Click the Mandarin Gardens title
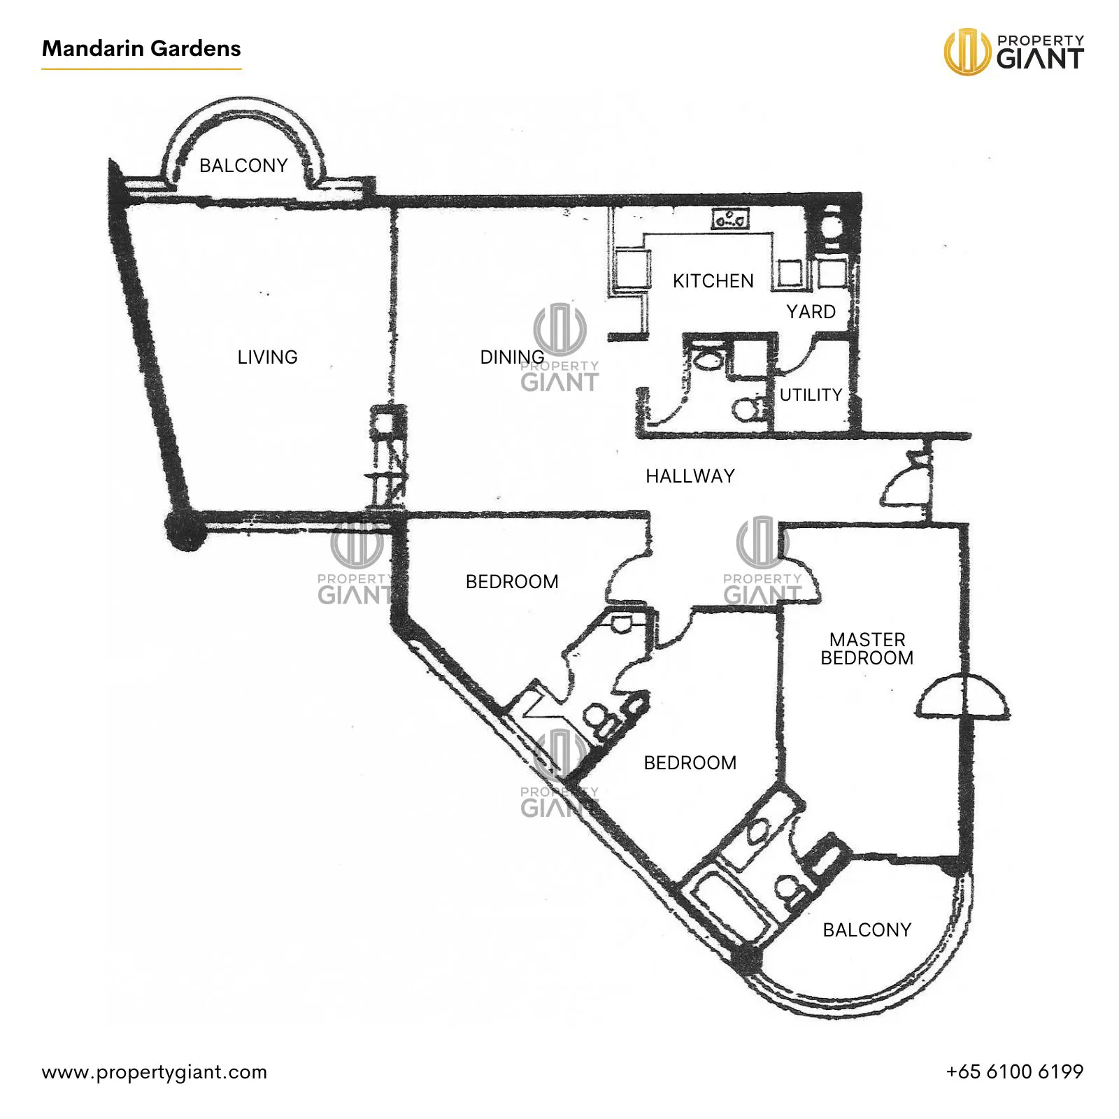(x=141, y=48)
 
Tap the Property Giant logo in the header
(x=1013, y=51)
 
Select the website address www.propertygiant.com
(x=155, y=1072)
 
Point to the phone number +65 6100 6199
(x=1014, y=1071)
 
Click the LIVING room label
(x=267, y=357)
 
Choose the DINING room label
(x=512, y=357)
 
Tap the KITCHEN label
(x=713, y=281)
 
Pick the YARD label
(x=811, y=312)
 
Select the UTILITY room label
(x=811, y=395)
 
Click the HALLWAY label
(x=690, y=476)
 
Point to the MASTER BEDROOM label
(x=867, y=649)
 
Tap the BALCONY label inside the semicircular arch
(x=243, y=166)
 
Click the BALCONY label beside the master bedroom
(x=867, y=930)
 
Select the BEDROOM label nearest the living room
(x=512, y=582)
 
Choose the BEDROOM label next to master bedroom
(x=690, y=763)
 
